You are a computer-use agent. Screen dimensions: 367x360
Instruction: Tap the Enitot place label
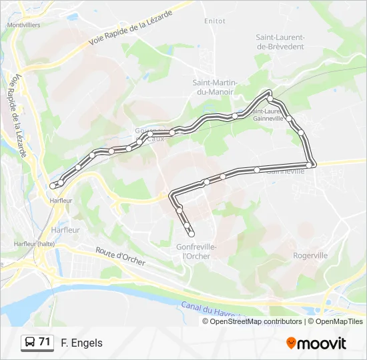[x=215, y=21]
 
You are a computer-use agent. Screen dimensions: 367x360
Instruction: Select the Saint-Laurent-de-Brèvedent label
[x=280, y=42]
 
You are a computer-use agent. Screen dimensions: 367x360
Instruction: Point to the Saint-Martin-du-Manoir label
[x=215, y=87]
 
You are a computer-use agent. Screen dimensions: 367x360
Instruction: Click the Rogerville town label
[x=310, y=255]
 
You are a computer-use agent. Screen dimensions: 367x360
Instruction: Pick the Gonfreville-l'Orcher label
[x=196, y=251]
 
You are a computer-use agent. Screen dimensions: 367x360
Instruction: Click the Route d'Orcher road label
[x=120, y=257]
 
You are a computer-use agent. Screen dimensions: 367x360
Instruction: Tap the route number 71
[x=45, y=342]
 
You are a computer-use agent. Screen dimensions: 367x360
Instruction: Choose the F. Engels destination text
[x=82, y=343]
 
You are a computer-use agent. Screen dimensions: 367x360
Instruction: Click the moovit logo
[x=316, y=343]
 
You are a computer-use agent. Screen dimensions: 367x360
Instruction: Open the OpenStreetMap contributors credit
[x=256, y=321]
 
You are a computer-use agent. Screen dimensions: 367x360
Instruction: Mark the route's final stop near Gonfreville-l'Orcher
[x=192, y=233]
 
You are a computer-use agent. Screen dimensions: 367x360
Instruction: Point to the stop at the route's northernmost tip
[x=270, y=93]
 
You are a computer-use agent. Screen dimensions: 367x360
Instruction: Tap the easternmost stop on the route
[x=310, y=164]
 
